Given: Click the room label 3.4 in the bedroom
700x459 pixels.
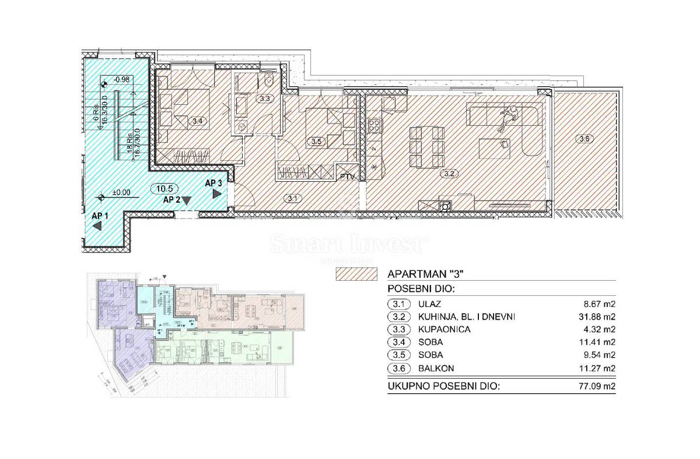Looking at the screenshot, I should (197, 122).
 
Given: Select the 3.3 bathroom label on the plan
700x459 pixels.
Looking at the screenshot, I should (265, 98).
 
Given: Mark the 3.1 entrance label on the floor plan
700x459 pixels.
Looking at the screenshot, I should (292, 198).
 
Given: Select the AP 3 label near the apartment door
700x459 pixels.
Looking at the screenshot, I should (213, 183).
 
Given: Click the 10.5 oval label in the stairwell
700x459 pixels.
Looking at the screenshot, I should (164, 188).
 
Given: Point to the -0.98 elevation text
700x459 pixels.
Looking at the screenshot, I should (121, 79).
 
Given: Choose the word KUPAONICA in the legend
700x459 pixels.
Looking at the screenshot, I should (445, 330).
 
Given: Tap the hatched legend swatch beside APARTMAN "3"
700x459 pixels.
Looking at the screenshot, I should (356, 274).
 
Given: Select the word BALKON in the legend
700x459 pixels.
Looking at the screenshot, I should (437, 368).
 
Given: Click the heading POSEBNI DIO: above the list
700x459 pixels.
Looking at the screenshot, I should (418, 289).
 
